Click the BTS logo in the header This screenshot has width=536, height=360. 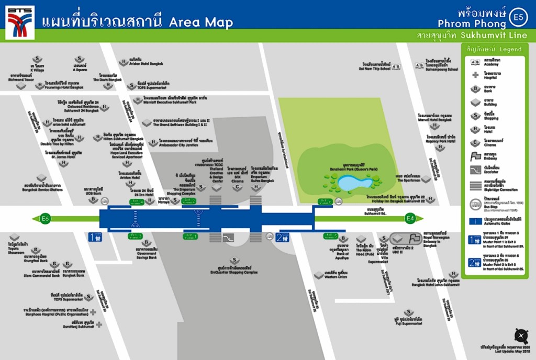pos(20,21)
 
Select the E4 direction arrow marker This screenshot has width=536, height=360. pos(411,218)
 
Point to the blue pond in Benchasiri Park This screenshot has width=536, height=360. pos(354,183)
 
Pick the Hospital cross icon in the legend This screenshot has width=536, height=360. pos(475,75)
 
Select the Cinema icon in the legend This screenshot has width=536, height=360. pos(475,142)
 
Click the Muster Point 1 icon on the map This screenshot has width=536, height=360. pos(95,238)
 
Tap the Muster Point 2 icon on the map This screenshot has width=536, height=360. pos(282,238)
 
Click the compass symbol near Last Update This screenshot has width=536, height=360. pos(521,335)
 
